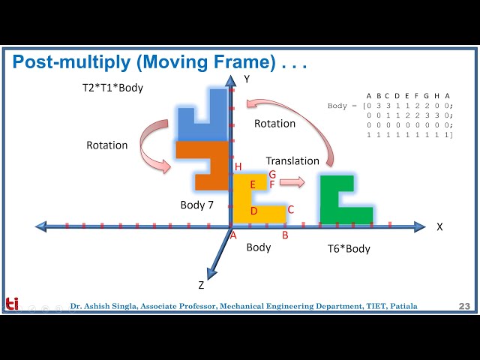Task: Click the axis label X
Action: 439,226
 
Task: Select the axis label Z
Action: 201,285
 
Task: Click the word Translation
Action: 292,160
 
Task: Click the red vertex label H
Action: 238,166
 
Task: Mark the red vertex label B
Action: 285,235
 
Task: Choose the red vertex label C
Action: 290,209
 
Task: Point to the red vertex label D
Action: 253,211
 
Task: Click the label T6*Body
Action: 349,249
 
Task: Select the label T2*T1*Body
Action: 112,88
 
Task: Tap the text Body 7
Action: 198,205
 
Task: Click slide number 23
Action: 464,306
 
